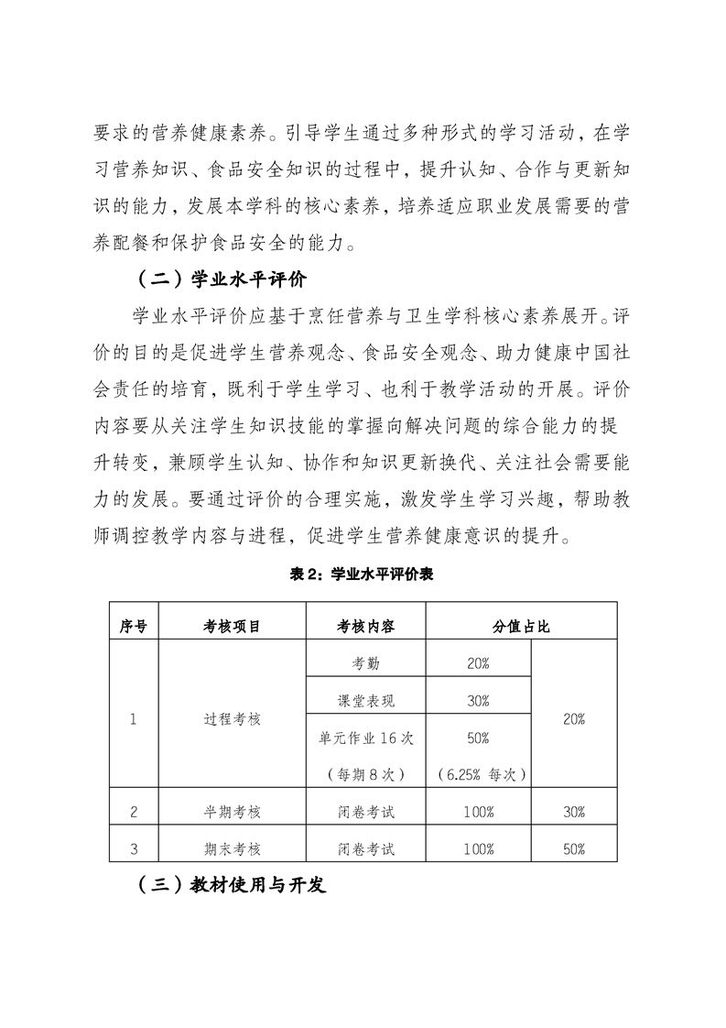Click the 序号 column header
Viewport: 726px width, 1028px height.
click(x=134, y=627)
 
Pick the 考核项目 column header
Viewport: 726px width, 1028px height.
click(x=232, y=627)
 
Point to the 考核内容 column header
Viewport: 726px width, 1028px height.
click(x=365, y=627)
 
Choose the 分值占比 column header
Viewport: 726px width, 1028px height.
click(x=521, y=627)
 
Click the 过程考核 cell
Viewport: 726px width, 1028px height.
click(x=232, y=719)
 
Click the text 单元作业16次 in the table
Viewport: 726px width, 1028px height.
click(x=365, y=738)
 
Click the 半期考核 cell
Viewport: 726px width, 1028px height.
click(x=232, y=811)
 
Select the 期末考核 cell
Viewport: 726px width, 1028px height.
click(x=232, y=848)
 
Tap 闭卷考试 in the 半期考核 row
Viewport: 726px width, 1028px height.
click(x=365, y=811)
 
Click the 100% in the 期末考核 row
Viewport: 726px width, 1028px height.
click(x=478, y=848)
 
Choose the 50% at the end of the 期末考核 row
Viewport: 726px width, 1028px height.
click(x=574, y=848)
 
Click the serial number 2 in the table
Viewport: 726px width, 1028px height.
click(x=134, y=811)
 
